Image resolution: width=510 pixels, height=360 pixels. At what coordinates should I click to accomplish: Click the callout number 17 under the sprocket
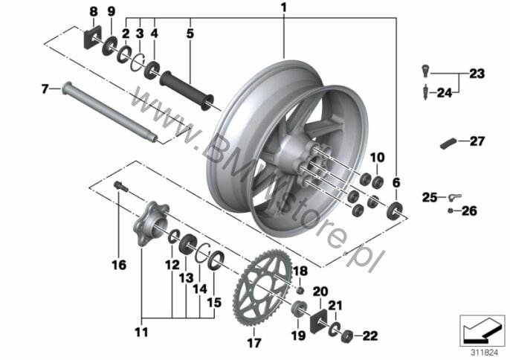[254, 342]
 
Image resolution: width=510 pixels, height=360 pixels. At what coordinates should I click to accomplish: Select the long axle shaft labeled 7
[109, 112]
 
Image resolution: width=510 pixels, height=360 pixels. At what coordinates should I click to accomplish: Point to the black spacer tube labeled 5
[187, 90]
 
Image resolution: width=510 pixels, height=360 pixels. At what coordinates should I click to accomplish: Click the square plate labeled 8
[92, 36]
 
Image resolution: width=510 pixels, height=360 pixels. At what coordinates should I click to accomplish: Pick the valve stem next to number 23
[425, 71]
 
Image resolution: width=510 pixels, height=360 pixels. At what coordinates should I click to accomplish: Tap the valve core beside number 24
[425, 91]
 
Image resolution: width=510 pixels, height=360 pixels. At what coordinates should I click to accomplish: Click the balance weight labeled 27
[448, 144]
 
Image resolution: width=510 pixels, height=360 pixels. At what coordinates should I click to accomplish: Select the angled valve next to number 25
[454, 196]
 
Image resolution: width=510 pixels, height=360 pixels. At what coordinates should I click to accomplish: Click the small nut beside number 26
[451, 210]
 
